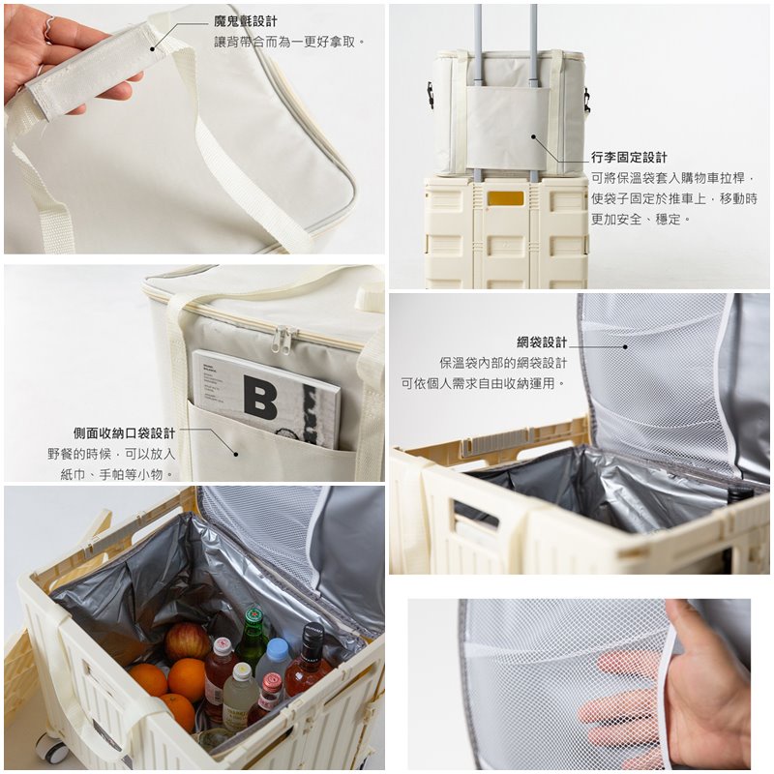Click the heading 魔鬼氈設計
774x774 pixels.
[246, 21]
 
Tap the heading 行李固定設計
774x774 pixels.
[629, 158]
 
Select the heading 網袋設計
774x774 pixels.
[542, 342]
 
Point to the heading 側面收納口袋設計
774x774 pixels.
[125, 433]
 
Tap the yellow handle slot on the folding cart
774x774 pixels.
[505, 198]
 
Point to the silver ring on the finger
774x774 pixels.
[49, 26]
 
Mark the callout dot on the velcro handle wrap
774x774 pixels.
[153, 49]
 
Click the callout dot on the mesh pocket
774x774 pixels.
[625, 347]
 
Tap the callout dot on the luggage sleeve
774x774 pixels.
[533, 136]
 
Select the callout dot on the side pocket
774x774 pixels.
[236, 454]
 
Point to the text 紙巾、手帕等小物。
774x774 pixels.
[117, 474]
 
